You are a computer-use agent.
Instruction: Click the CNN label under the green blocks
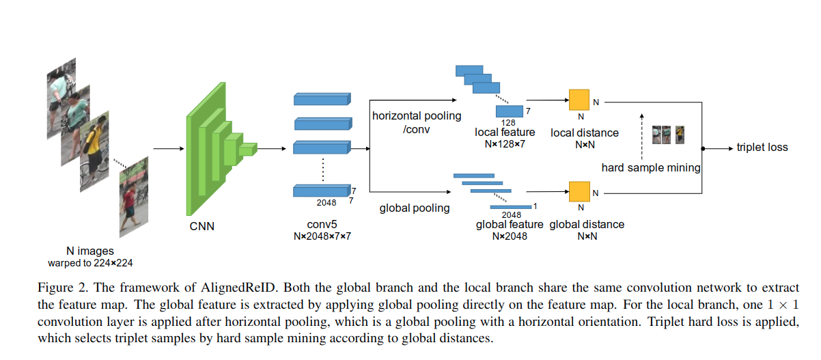(x=201, y=225)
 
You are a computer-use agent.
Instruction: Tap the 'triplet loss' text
(x=762, y=148)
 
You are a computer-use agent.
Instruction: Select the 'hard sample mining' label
(x=651, y=167)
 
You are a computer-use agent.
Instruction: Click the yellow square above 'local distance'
(x=579, y=100)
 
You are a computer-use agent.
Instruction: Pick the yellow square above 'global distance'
(x=579, y=191)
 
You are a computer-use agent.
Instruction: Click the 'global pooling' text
(x=415, y=208)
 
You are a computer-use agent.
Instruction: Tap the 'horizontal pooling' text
(x=417, y=115)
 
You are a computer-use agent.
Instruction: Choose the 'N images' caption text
(x=90, y=251)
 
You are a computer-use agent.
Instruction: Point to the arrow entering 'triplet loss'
(x=717, y=148)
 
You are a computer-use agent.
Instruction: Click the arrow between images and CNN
(x=166, y=148)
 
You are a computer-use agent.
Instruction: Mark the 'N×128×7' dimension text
(x=505, y=144)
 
